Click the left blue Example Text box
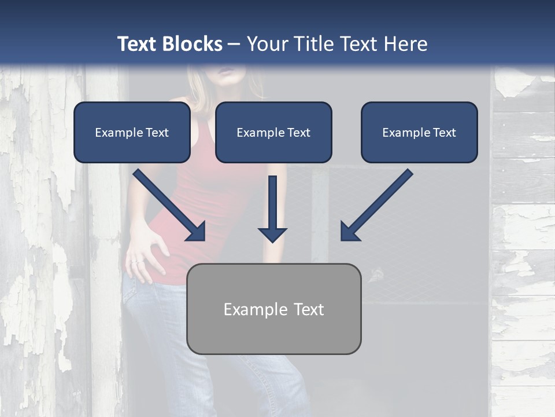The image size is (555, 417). pos(132,132)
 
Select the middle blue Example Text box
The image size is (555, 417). pos(273,132)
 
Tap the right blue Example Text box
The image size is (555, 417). pos(419,132)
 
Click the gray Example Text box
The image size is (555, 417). pos(273,309)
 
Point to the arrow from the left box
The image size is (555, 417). pos(168,204)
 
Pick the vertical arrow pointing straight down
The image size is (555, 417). pos(272,209)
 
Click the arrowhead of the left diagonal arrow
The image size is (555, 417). pos(197,232)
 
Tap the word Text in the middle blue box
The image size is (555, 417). pos(298,133)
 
